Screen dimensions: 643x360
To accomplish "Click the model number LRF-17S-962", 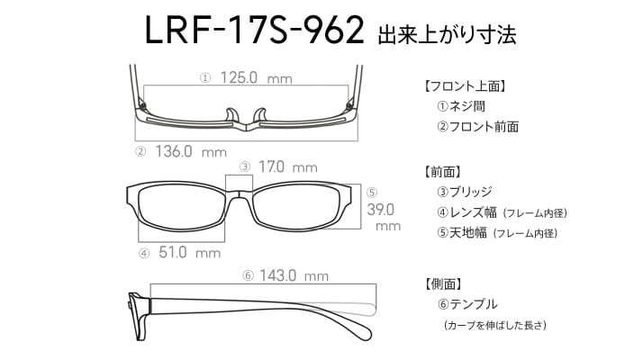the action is click(x=254, y=30).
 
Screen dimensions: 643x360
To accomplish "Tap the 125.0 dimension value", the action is click(x=239, y=77).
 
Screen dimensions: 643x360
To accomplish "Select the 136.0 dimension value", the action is click(x=174, y=151).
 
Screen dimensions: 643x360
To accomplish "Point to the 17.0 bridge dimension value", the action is click(x=271, y=166).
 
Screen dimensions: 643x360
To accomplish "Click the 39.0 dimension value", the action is click(x=381, y=210).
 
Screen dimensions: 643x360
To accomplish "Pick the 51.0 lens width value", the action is click(x=173, y=252).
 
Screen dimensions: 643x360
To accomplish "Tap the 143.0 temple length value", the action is click(x=277, y=275).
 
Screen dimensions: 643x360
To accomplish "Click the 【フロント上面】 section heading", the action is click(x=465, y=86).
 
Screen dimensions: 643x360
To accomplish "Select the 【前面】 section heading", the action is click(x=442, y=172).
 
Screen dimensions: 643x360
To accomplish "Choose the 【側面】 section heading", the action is click(x=442, y=283).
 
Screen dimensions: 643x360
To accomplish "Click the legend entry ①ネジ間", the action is click(x=461, y=106).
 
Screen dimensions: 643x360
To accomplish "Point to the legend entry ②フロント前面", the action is click(x=477, y=127).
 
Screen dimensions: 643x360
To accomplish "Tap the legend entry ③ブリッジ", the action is click(x=464, y=192).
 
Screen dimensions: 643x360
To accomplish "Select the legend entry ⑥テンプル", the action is click(x=467, y=304).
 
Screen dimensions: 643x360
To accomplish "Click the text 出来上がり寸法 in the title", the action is click(x=447, y=34).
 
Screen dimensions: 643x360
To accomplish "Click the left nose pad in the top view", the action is click(x=231, y=115).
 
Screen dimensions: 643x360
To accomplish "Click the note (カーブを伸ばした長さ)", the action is click(x=495, y=325).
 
